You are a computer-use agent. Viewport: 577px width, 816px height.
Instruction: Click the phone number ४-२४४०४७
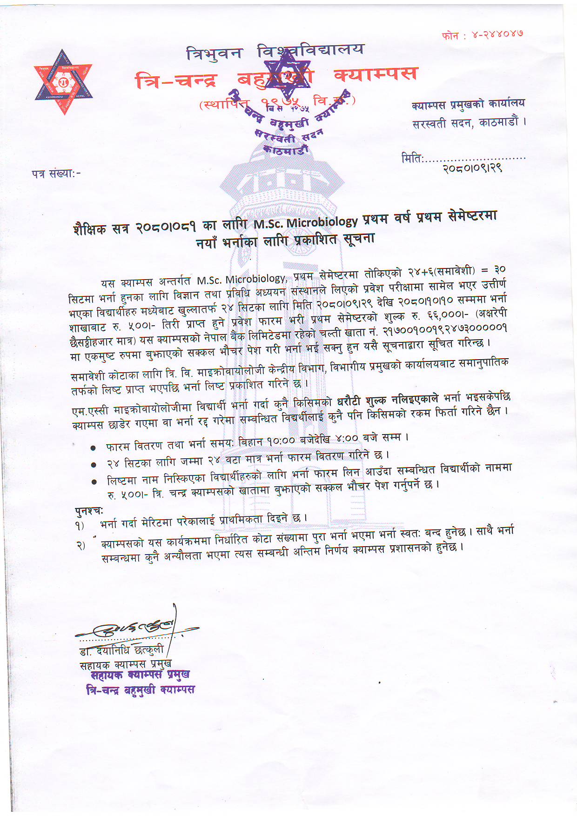(497, 34)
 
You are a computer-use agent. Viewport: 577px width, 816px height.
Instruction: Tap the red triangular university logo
(63, 82)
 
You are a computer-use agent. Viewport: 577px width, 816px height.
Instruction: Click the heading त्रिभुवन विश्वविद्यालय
(275, 51)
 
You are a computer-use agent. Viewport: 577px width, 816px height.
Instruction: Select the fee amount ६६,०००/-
(447, 315)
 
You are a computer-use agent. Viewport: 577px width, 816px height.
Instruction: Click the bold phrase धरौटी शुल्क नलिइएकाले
(387, 401)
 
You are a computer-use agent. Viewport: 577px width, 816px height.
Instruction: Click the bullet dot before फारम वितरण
(94, 448)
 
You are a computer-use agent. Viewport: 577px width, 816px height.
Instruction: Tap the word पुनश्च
(88, 510)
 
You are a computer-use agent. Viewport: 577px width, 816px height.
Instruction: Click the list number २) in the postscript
(81, 545)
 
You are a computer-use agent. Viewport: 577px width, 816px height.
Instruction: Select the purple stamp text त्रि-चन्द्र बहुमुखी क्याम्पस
(141, 689)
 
